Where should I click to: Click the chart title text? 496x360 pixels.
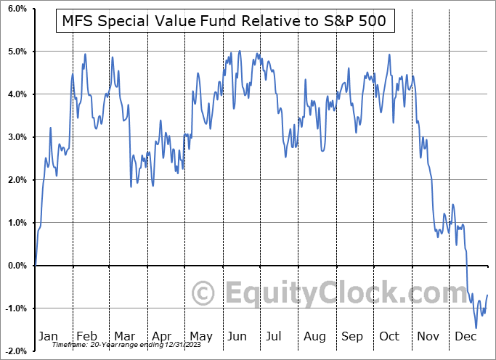tap(225, 22)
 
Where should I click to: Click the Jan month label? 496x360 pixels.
tap(47, 337)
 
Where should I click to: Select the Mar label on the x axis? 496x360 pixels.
tap(125, 337)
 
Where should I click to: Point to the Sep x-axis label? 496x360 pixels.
tap(351, 337)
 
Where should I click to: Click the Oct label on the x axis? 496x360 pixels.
tap(389, 337)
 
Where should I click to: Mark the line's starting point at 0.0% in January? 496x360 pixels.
tap(35, 266)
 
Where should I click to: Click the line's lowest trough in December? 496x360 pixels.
tap(476, 328)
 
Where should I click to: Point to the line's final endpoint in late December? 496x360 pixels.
tap(487, 295)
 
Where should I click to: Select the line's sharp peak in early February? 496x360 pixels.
tap(85, 54)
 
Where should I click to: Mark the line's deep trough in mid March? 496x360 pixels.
tap(131, 187)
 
